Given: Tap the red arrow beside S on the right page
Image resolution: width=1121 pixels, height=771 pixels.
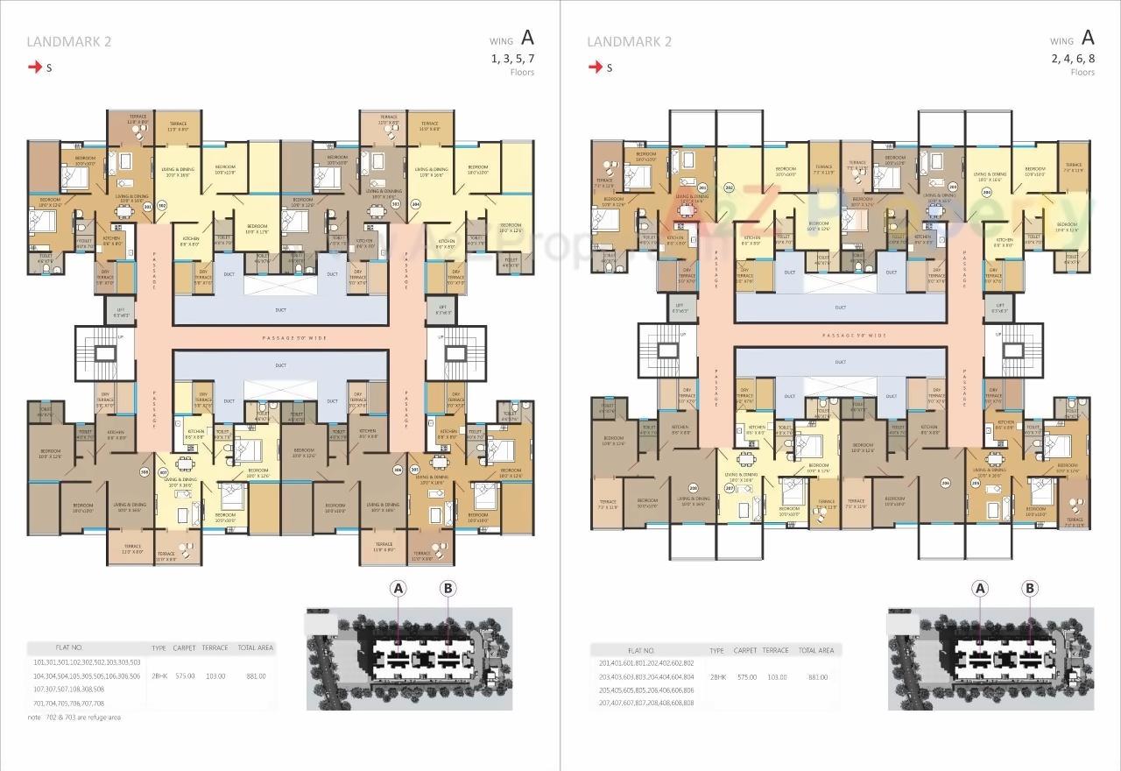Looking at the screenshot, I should pyautogui.click(x=596, y=67).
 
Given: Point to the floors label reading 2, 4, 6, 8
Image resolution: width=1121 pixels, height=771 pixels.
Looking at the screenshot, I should pyautogui.click(x=1073, y=59).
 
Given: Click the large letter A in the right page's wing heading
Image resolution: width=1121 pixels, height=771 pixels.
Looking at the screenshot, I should pyautogui.click(x=1088, y=37).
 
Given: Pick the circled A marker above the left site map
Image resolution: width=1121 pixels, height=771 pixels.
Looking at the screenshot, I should pyautogui.click(x=398, y=589).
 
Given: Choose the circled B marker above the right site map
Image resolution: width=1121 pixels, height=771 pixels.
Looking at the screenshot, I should pyautogui.click(x=1030, y=589).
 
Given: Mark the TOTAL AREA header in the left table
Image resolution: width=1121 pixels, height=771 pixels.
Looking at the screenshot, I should pyautogui.click(x=256, y=648).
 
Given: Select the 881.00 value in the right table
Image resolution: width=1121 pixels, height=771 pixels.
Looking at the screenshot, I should pyautogui.click(x=817, y=677).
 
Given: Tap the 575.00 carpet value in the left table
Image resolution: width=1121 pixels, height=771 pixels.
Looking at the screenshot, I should pyautogui.click(x=185, y=676).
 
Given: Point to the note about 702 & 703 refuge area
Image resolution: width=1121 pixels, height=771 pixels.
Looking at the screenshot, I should pyautogui.click(x=74, y=718).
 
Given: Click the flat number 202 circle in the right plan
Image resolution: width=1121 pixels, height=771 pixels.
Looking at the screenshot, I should pyautogui.click(x=729, y=188).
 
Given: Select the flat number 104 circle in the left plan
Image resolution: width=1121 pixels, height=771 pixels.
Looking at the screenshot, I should pyautogui.click(x=416, y=203).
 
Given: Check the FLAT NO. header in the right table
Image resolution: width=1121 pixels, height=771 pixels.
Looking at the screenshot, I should pyautogui.click(x=637, y=651).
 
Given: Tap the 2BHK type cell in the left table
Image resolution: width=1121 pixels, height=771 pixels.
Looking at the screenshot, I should pyautogui.click(x=159, y=676).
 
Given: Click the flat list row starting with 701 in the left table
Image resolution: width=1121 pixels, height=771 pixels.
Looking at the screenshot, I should pyautogui.click(x=68, y=704).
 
